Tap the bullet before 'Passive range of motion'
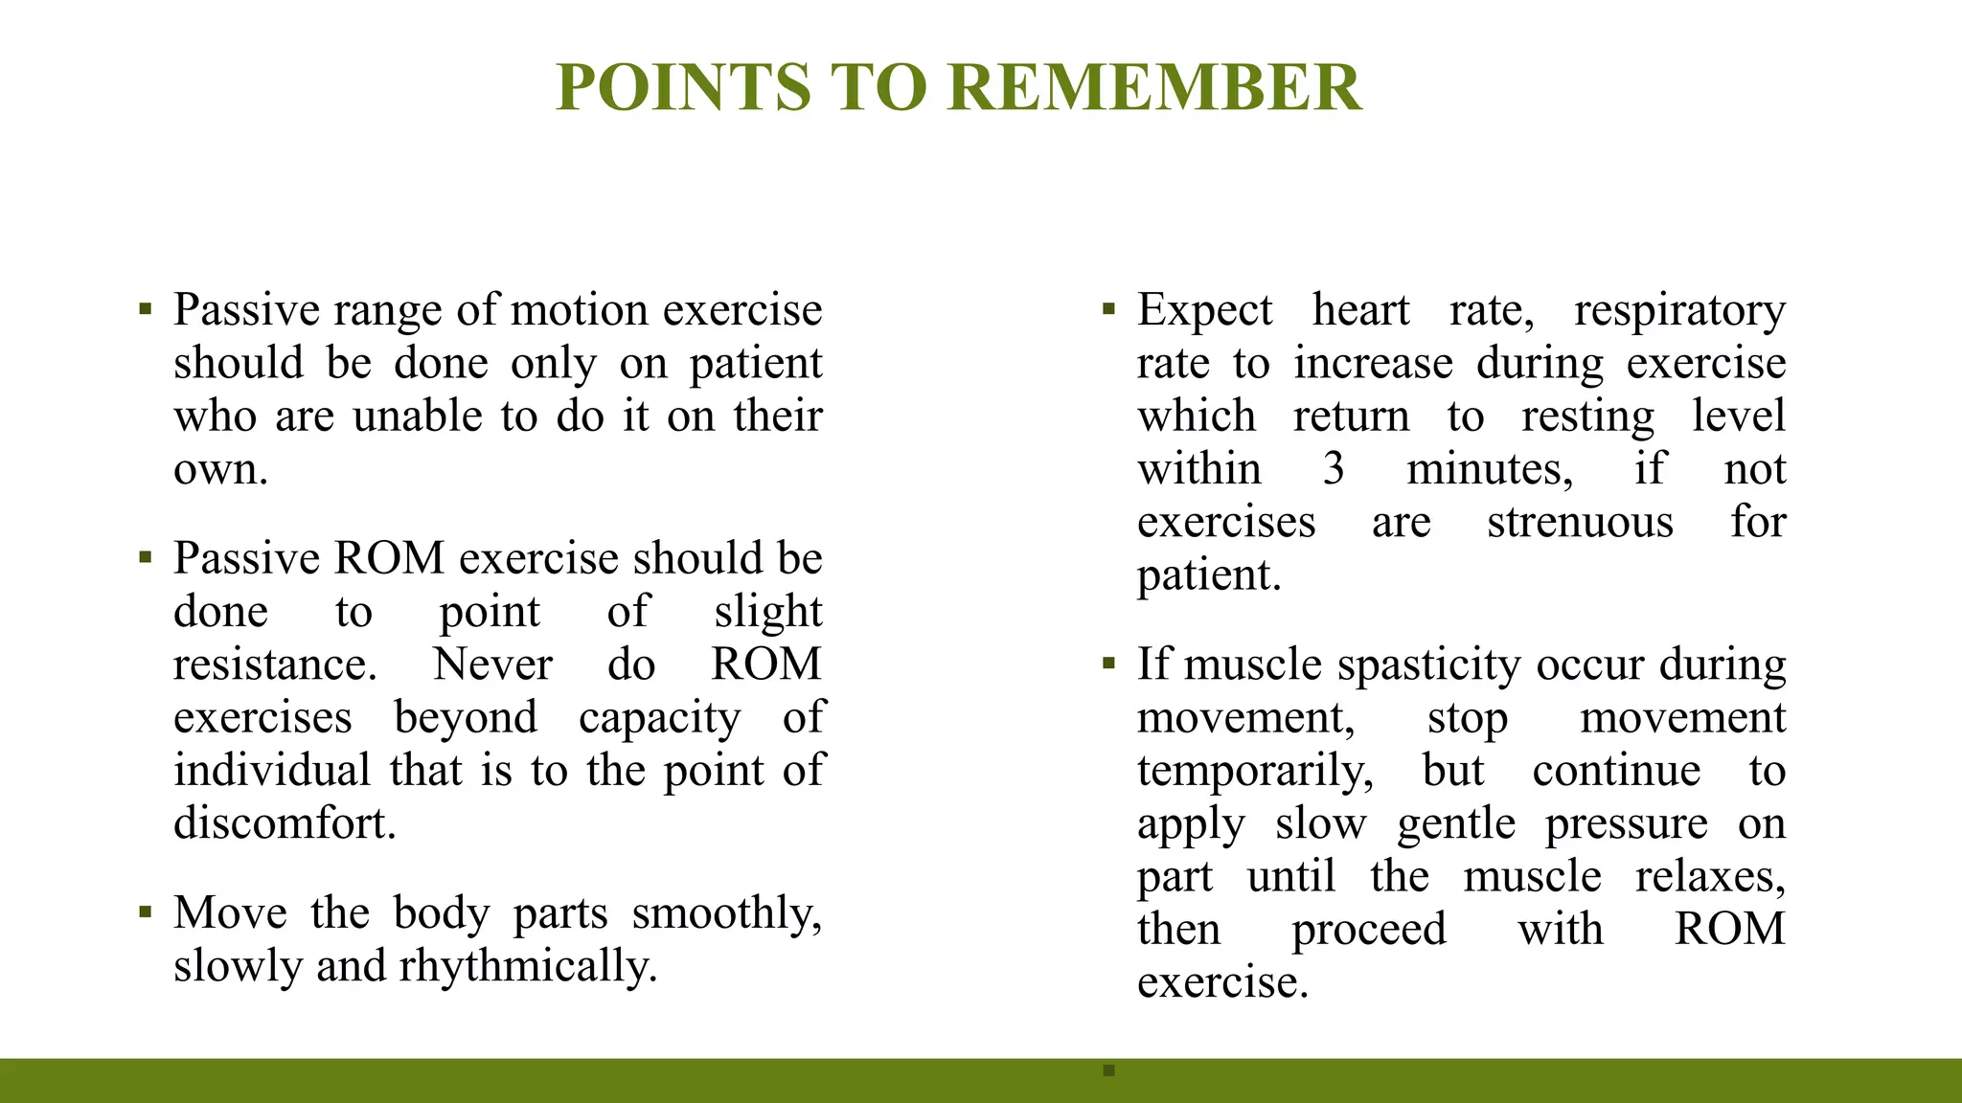[146, 309]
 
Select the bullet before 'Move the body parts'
[146, 912]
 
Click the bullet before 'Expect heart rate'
[1109, 309]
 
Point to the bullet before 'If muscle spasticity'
[1109, 664]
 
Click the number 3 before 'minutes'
[1334, 469]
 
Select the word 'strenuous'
[1580, 523]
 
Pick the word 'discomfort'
[284, 823]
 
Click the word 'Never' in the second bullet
[492, 664]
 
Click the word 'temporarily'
[1255, 772]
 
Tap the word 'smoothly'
[726, 913]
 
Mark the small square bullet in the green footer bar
[1109, 1070]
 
